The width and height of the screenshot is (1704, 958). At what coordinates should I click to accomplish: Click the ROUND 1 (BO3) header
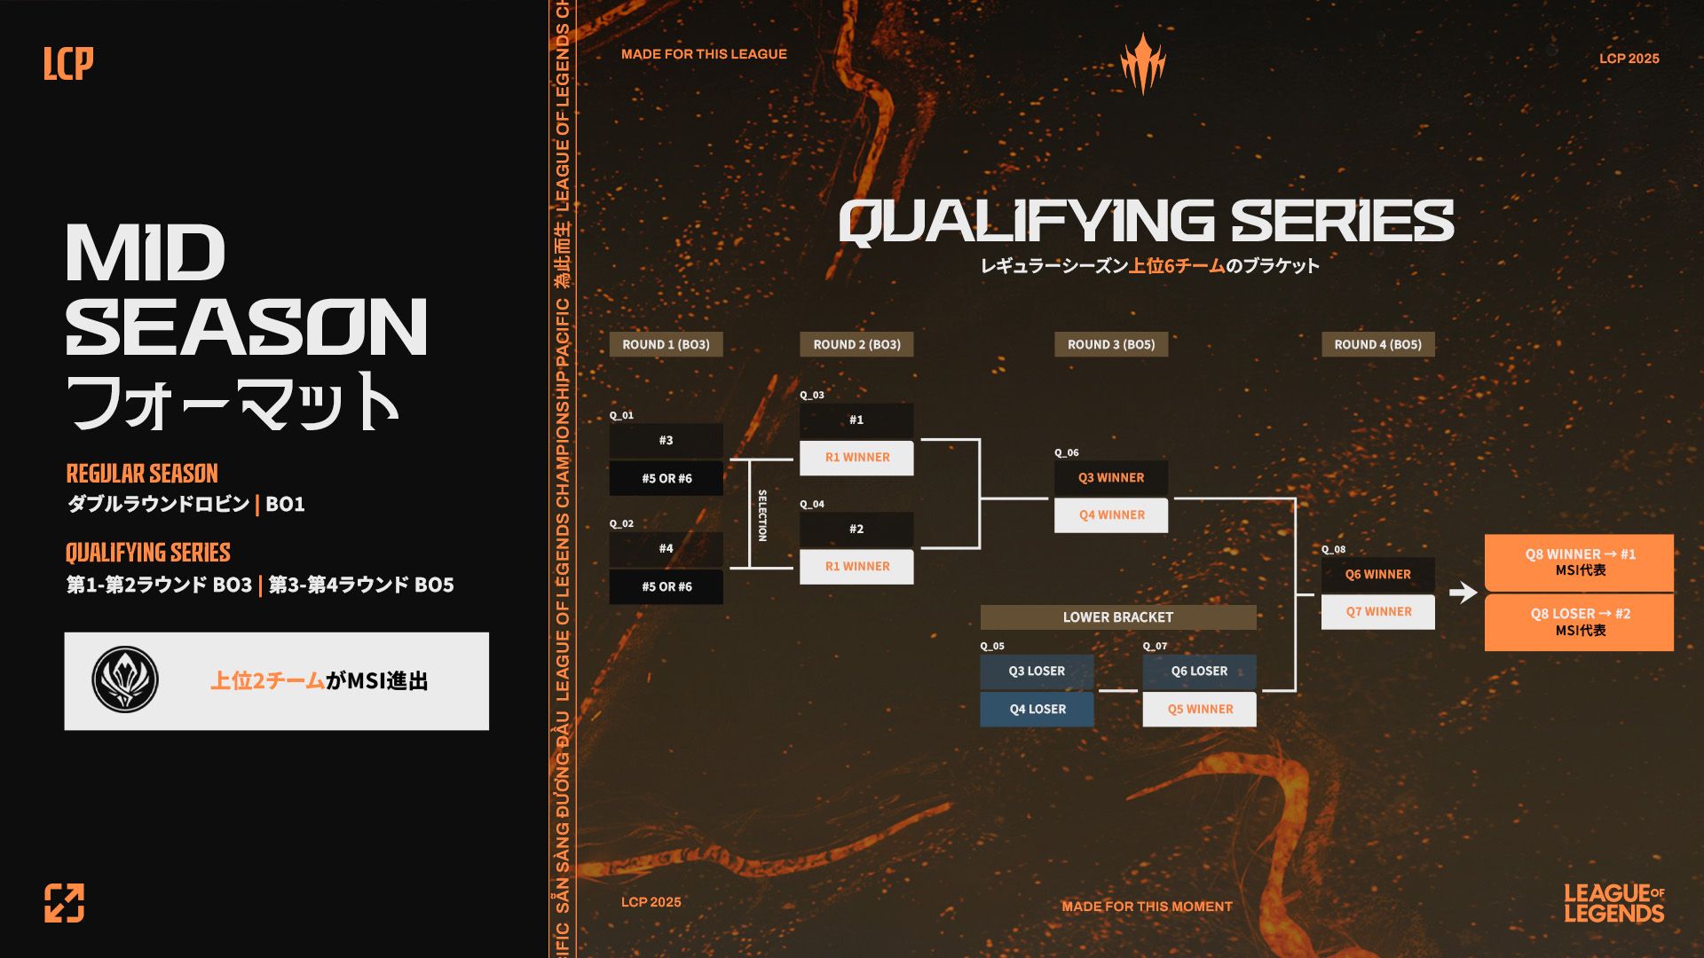pos(666,344)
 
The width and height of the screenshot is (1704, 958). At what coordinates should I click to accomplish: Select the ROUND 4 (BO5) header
pos(1377,344)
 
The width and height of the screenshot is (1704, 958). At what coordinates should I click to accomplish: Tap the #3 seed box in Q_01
pos(666,440)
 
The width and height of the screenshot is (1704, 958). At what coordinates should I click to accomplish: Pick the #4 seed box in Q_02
pos(666,548)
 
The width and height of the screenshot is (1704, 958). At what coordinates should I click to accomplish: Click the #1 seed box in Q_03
pos(856,420)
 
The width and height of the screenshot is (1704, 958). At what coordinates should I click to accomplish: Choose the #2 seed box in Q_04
pos(856,529)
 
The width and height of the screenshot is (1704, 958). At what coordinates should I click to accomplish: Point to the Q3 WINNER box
pos(1111,477)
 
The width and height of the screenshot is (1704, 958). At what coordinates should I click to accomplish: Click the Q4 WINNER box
pos(1111,515)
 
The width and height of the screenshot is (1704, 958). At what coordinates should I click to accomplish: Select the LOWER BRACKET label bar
pos(1118,617)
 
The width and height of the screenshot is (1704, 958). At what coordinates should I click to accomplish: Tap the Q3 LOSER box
pos(1037,671)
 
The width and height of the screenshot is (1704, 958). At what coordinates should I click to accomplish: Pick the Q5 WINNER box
pos(1200,710)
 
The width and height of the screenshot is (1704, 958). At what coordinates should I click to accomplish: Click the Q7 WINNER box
pos(1378,612)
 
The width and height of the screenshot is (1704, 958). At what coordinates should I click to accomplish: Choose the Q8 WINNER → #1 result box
pos(1580,562)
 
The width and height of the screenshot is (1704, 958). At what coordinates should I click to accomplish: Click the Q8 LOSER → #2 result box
pos(1580,622)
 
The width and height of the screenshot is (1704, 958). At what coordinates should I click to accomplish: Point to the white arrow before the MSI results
pos(1463,592)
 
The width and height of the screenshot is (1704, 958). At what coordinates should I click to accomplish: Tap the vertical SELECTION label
pos(761,514)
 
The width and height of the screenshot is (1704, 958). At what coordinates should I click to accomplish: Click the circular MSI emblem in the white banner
pos(125,680)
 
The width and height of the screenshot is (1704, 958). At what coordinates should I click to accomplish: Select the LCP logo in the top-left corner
pos(68,63)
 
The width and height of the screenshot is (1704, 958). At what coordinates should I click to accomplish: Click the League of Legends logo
pos(1613,903)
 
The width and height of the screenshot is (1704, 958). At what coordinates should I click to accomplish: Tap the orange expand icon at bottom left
pos(65,903)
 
